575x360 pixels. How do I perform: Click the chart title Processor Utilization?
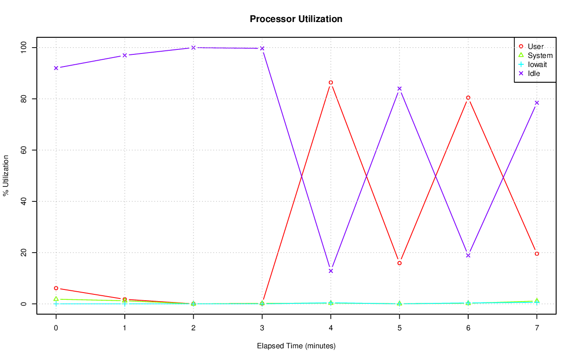coord(296,19)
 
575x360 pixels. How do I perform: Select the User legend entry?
coord(535,46)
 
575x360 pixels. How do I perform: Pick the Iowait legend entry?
coord(537,64)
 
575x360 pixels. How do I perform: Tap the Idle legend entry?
coord(534,73)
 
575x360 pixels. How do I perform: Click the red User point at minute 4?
coord(331,82)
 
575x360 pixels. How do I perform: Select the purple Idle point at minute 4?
coord(331,271)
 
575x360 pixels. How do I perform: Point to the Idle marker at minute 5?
coord(399,89)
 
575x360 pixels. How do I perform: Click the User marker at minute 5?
coord(399,263)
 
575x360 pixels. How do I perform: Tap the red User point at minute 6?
coord(468,98)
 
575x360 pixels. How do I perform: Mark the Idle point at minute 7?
coord(537,103)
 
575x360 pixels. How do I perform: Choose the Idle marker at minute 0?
coord(56,68)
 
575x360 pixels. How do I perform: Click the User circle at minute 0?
coord(56,288)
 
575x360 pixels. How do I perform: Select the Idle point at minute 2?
coord(193,47)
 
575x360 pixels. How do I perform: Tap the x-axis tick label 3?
coord(262,328)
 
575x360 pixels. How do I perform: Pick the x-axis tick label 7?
coord(537,328)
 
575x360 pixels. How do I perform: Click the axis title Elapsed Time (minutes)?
coord(296,346)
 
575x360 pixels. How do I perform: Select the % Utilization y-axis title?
coord(6,176)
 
